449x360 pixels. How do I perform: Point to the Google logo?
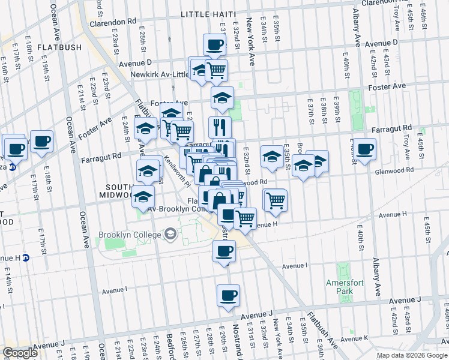click(x=20, y=353)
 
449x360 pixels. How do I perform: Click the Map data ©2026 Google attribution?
click(x=412, y=355)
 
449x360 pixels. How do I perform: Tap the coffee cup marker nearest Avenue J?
click(x=228, y=296)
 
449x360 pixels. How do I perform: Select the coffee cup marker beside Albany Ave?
click(x=364, y=149)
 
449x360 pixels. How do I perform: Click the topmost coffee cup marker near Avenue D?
click(x=214, y=44)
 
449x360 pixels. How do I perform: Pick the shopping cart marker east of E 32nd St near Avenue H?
click(x=276, y=199)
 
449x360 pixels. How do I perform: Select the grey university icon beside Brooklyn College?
click(x=170, y=233)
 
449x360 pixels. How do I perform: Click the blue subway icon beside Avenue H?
click(x=26, y=258)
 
